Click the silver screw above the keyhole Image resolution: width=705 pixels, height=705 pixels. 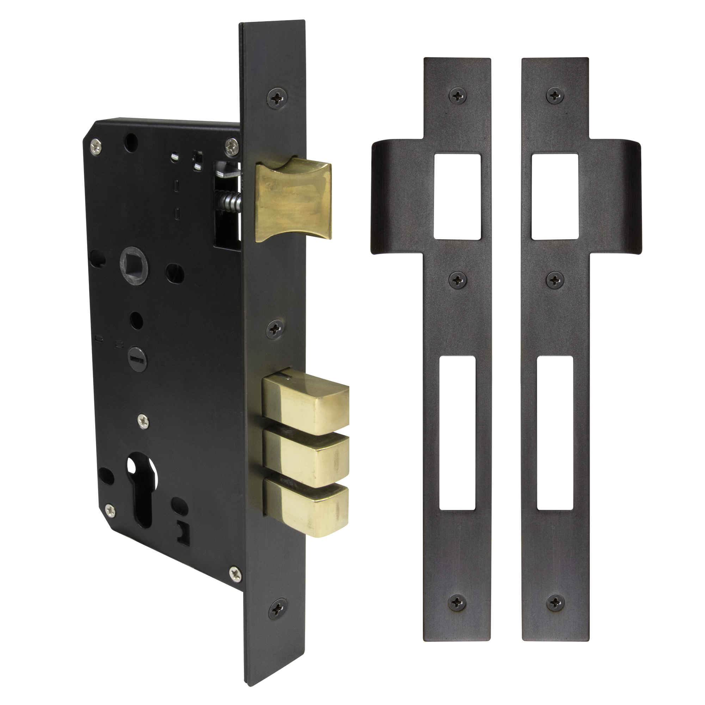pyautogui.click(x=143, y=421)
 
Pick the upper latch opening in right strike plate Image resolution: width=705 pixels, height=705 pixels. pyautogui.click(x=554, y=197)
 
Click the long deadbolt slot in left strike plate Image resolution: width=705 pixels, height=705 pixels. pyautogui.click(x=458, y=433)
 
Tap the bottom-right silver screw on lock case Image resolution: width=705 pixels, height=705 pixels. pyautogui.click(x=235, y=573)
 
